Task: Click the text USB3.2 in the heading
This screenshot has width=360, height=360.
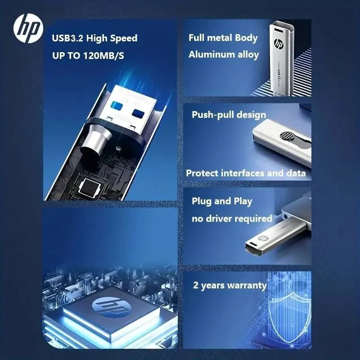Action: pos(67,38)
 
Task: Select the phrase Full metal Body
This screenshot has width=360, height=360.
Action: pos(223,38)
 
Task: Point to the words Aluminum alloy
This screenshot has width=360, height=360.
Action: pos(224,55)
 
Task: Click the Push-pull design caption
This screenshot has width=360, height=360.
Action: pos(229,115)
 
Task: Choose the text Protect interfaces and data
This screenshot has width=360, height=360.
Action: pos(246,173)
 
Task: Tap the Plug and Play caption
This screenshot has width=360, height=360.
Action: pos(222,201)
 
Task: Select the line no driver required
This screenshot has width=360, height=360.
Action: pos(232,219)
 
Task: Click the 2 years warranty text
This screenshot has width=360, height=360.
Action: pos(230,285)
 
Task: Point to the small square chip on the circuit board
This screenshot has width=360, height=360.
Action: pos(88,185)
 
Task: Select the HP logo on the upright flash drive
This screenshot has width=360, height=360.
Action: pos(278,45)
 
